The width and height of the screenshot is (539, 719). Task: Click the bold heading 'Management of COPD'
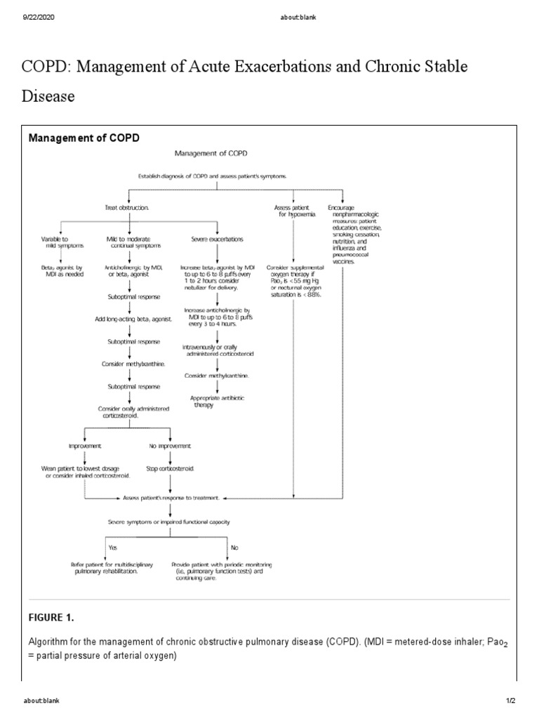pos(84,138)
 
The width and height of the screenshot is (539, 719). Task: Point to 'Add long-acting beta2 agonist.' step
pos(128,319)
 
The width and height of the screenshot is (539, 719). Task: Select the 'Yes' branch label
pos(112,546)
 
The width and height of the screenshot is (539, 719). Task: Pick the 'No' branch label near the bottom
pos(234,546)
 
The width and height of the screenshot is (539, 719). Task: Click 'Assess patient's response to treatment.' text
pos(171,497)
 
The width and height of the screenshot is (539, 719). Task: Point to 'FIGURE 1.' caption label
pos(51,618)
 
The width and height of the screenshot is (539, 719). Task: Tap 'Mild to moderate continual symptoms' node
pos(128,242)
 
